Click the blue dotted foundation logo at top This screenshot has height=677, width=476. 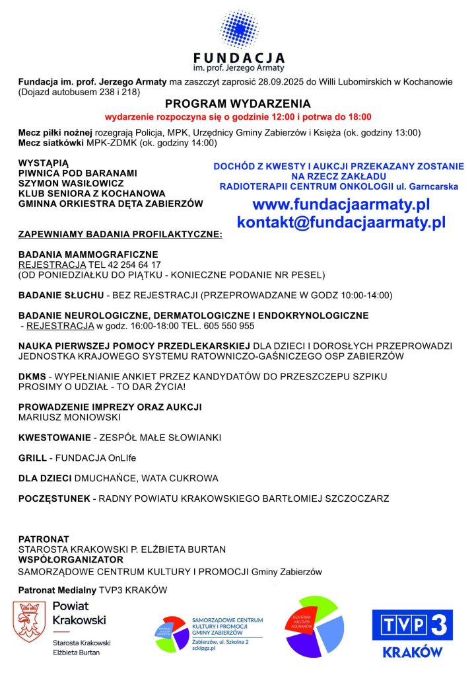238,28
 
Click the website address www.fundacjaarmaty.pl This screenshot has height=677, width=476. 341,204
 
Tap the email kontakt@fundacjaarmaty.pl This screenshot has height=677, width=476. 341,222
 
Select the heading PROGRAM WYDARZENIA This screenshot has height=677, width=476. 238,104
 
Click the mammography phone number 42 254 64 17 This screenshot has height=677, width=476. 130,264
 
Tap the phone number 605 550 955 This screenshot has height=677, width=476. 228,325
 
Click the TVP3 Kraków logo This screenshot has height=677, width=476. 413,633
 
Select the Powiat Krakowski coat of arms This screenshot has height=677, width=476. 29,622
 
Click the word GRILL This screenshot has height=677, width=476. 34,458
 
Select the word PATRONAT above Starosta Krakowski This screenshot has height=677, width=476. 44,539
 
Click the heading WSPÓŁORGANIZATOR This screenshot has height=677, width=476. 71,559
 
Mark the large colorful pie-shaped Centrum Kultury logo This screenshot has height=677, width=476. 314,627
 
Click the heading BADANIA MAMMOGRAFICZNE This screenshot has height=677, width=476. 88,255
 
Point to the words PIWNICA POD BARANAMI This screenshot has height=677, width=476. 78,173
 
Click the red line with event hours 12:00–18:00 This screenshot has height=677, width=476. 238,116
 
